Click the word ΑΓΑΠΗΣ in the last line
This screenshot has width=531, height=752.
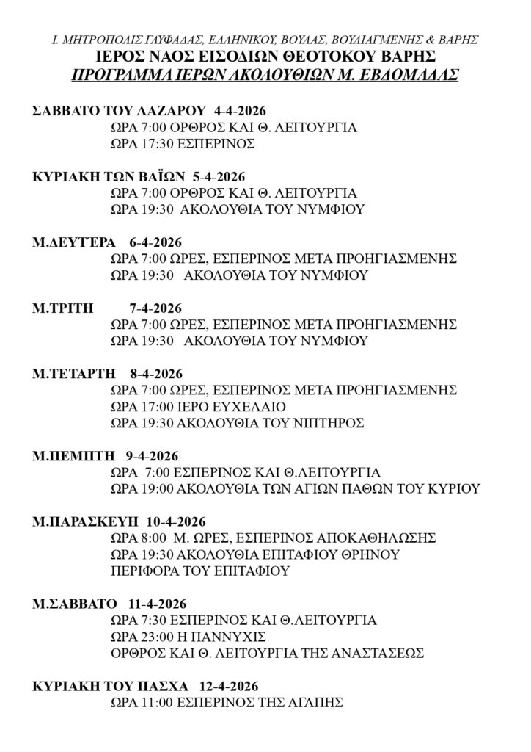pyautogui.click(x=315, y=703)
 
